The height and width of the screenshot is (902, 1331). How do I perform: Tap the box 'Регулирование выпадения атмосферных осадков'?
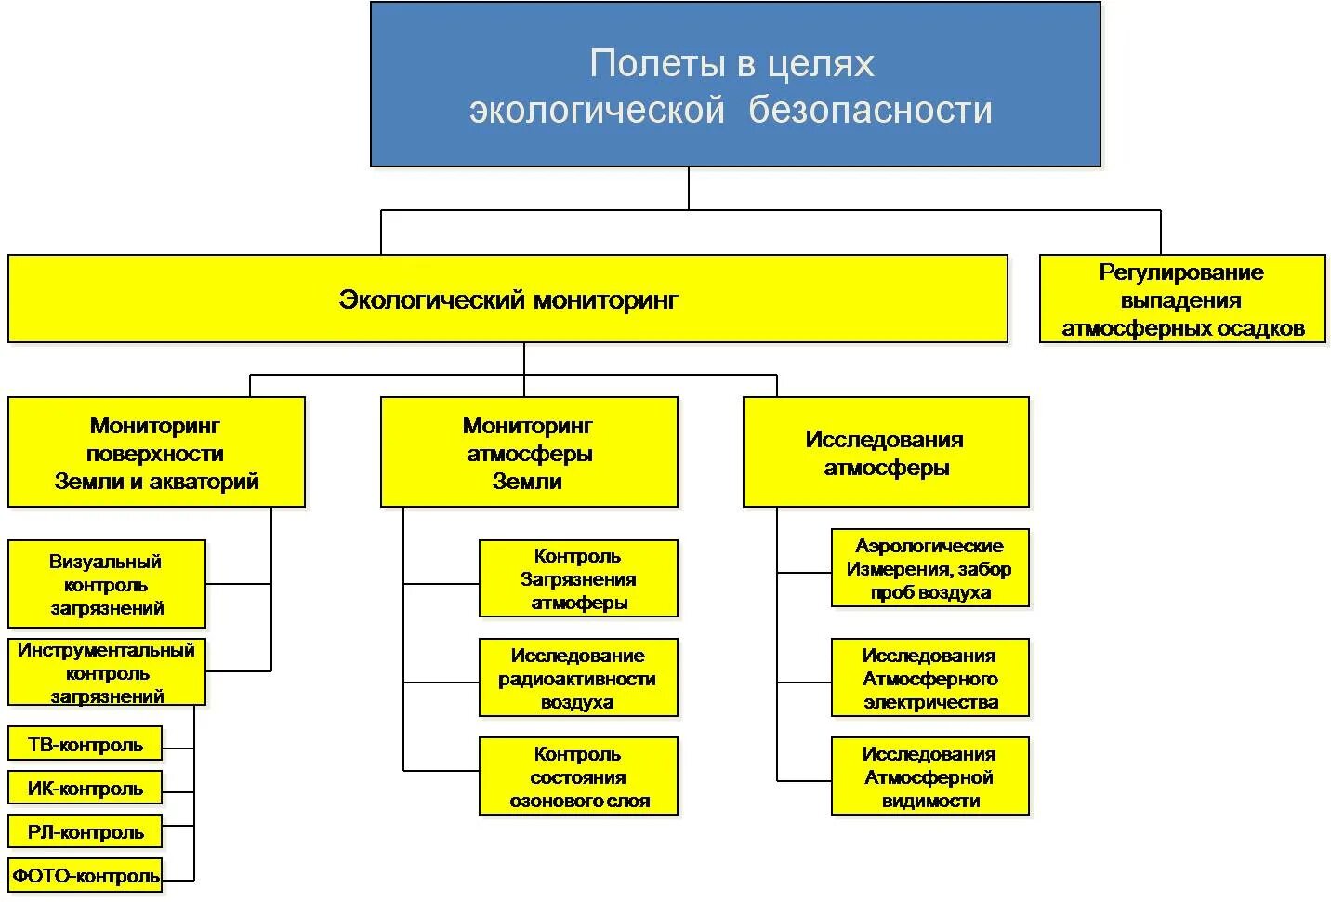tap(1181, 299)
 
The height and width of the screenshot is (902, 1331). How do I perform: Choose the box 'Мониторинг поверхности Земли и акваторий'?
tap(156, 453)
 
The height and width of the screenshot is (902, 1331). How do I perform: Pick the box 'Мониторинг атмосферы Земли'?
tap(528, 453)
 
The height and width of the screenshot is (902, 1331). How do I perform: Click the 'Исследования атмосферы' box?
tap(885, 453)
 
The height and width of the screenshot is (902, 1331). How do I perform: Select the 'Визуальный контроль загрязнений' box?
tap(106, 584)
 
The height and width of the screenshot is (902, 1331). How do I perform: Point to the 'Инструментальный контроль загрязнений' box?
tap(106, 672)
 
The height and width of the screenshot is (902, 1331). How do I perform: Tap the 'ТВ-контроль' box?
tap(85, 744)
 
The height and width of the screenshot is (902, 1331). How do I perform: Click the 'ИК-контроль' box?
tap(85, 788)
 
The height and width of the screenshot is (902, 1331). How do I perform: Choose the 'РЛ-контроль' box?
tap(85, 831)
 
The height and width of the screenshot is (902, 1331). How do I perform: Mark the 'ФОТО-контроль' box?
tap(85, 875)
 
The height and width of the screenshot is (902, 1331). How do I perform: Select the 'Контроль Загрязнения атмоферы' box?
tap(577, 578)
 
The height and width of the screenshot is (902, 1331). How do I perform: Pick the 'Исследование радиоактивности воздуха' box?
tap(577, 678)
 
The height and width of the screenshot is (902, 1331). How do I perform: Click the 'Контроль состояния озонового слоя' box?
tap(577, 776)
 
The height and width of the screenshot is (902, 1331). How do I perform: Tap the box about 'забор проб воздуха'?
tap(929, 568)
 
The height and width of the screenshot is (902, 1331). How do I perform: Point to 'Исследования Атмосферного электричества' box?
tap(929, 678)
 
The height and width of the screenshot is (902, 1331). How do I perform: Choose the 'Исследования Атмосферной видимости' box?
tap(929, 776)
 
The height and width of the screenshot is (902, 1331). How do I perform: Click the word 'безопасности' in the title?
tap(870, 110)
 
